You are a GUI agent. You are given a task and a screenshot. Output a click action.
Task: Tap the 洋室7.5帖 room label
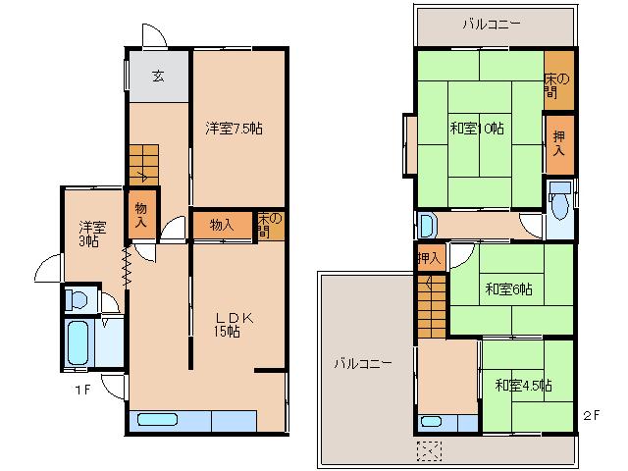coord(234,129)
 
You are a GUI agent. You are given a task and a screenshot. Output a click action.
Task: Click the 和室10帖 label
coord(478,129)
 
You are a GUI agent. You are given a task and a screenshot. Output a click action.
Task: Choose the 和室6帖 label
coord(507,289)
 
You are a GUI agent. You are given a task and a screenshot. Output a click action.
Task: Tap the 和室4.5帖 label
coord(523,385)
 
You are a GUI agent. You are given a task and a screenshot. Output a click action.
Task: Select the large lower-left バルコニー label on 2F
coord(362,363)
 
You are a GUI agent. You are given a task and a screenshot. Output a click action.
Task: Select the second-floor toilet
coord(560,204)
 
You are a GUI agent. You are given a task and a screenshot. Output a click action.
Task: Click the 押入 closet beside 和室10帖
coord(559,144)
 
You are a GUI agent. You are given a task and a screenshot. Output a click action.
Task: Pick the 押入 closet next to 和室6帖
coord(429,258)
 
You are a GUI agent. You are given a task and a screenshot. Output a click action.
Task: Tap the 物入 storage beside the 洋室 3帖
coord(140,215)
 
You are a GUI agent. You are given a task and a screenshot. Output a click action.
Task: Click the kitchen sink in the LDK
coord(157,420)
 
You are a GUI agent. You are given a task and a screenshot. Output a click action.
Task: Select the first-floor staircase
coord(143,161)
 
